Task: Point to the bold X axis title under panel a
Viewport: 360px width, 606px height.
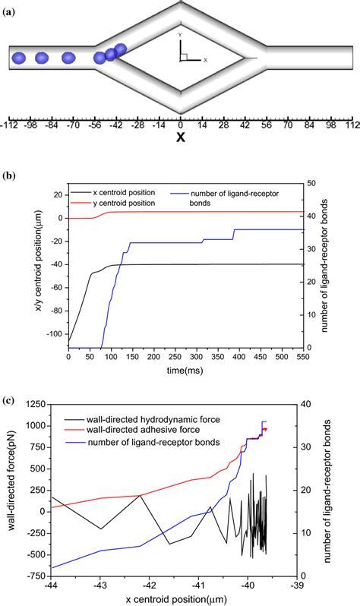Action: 181,137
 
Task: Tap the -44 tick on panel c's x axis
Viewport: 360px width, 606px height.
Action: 52,585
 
